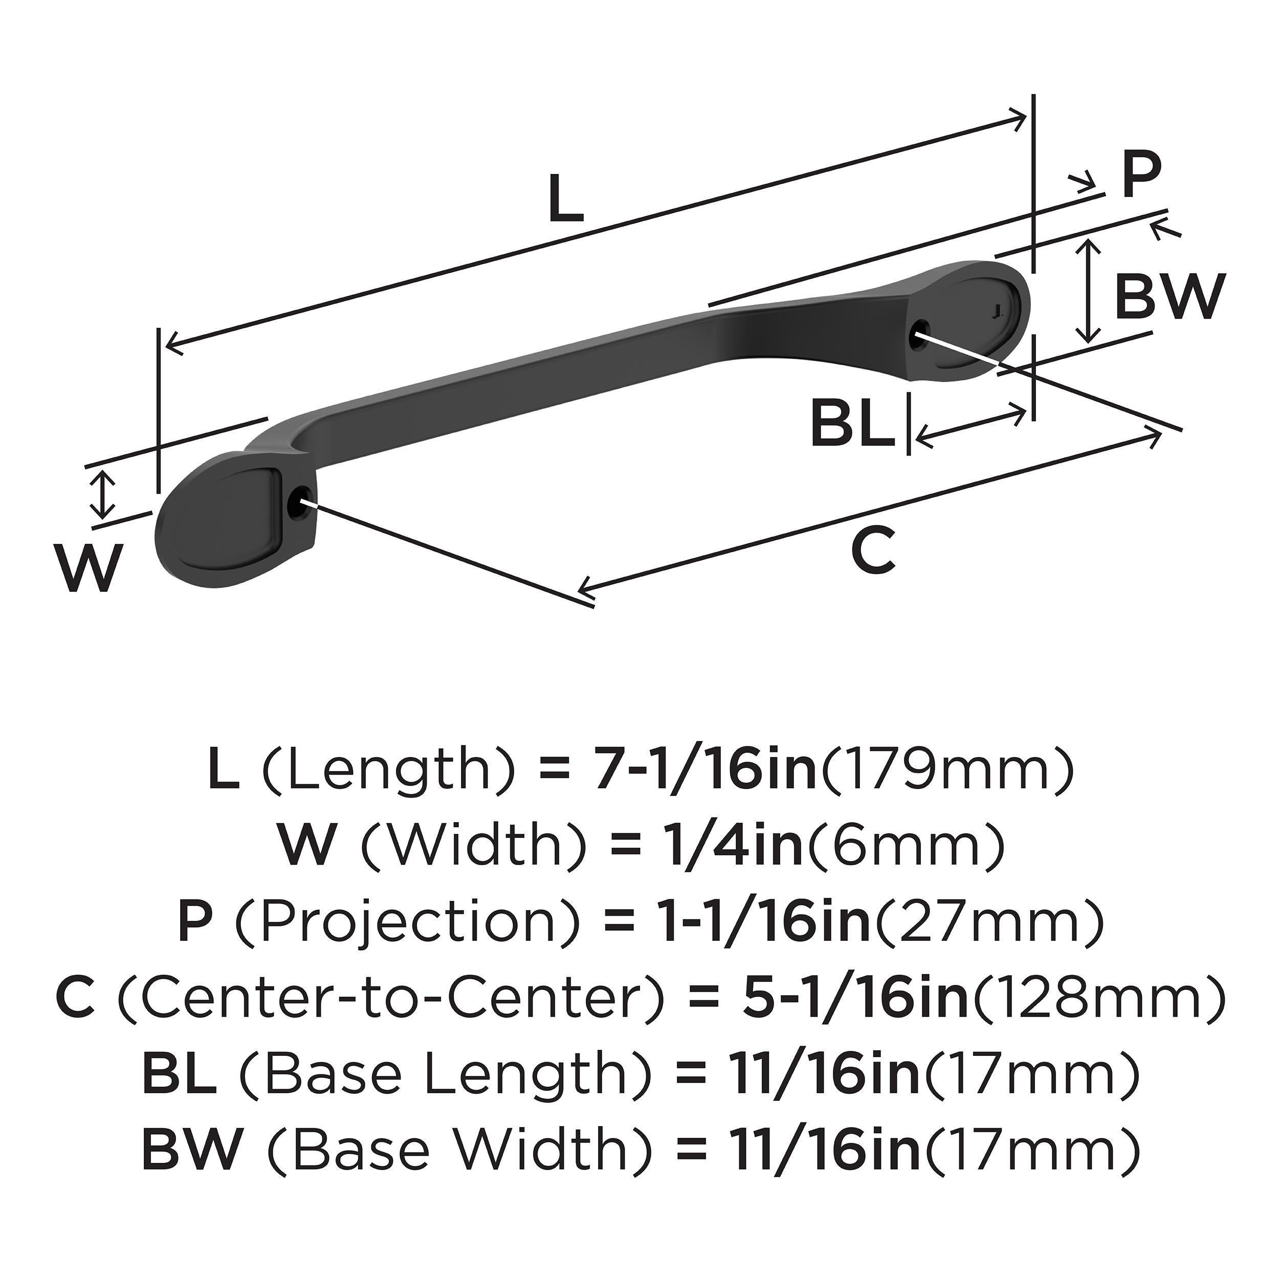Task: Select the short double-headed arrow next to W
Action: [101, 495]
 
